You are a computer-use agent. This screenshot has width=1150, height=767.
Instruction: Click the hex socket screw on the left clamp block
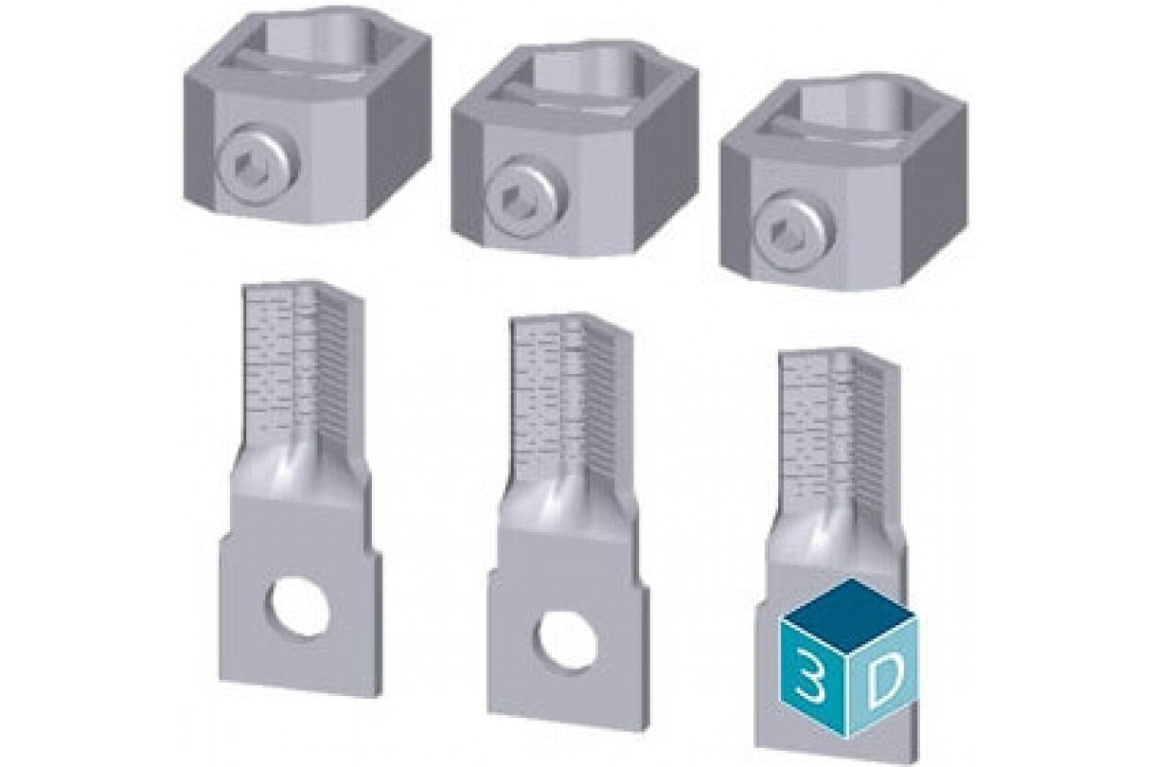pyautogui.click(x=257, y=165)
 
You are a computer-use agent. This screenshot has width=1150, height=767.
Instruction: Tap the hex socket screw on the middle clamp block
pyautogui.click(x=526, y=197)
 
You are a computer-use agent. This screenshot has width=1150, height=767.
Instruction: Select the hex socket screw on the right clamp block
pyautogui.click(x=794, y=230)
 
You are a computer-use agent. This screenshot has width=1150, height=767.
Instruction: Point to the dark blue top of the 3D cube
pyautogui.click(x=849, y=612)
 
